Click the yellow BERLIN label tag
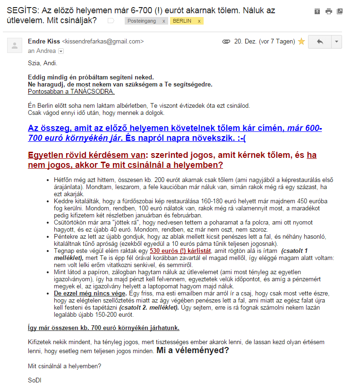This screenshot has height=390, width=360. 182,21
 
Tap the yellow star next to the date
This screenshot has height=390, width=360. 301,42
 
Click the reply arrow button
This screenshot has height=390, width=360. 320,42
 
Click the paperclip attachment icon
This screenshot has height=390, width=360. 226,42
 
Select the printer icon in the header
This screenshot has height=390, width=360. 328,11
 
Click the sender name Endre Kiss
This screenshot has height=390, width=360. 44,42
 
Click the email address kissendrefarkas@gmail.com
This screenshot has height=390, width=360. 103,42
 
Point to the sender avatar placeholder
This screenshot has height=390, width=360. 15,46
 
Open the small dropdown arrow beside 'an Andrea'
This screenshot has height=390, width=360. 61,51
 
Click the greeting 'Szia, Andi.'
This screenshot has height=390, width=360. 43,63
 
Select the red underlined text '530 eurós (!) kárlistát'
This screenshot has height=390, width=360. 180,251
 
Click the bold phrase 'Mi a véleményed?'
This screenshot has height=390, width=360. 193,350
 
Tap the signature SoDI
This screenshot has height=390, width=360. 34,380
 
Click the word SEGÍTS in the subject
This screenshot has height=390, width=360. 22,10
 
